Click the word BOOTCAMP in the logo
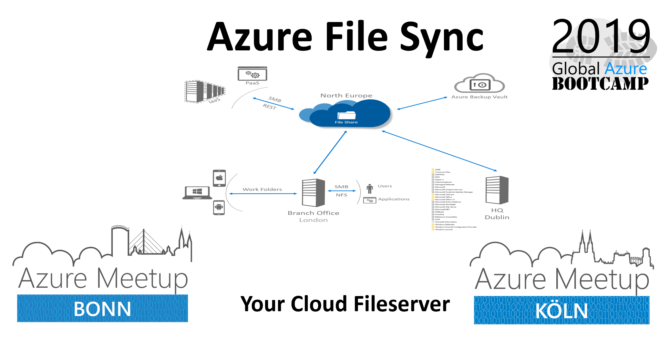[x=600, y=83]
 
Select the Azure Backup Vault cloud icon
[x=479, y=84]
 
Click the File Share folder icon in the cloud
[x=346, y=115]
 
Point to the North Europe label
[x=346, y=96]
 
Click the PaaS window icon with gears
[x=252, y=74]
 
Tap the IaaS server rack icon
[x=204, y=91]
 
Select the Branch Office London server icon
[x=313, y=193]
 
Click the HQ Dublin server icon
[x=497, y=190]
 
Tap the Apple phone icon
[x=220, y=178]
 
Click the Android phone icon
[x=219, y=207]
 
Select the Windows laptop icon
[x=197, y=193]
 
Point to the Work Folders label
[x=262, y=190]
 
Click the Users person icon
[x=370, y=189]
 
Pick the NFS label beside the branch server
[x=342, y=195]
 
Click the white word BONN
[x=102, y=309]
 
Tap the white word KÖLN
[x=561, y=311]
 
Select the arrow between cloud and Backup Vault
[x=422, y=103]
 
